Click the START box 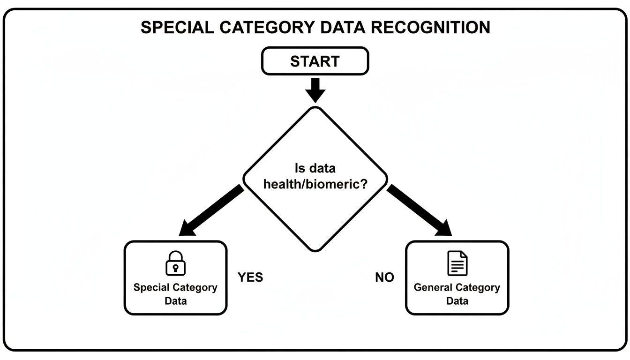315,61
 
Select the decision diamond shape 315,216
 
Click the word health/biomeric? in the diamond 315,184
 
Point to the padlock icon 175,263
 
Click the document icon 457,263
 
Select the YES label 250,277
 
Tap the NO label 384,277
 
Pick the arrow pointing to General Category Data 420,211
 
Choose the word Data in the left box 175,301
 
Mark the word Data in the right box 457,301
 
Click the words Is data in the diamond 315,168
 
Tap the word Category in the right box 478,287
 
